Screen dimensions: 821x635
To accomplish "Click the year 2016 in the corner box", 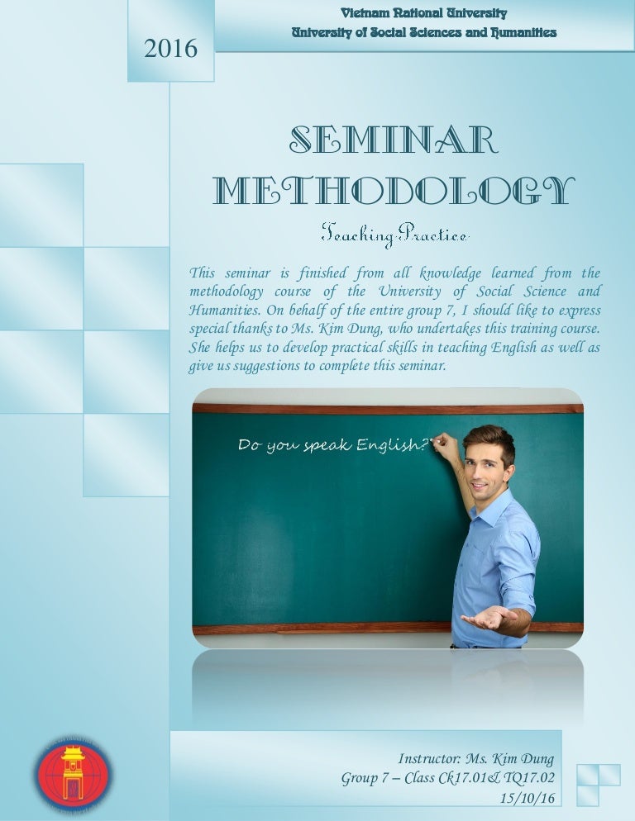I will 171,50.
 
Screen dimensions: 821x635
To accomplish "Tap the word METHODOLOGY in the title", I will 393,190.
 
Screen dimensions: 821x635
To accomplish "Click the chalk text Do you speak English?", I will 333,446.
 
